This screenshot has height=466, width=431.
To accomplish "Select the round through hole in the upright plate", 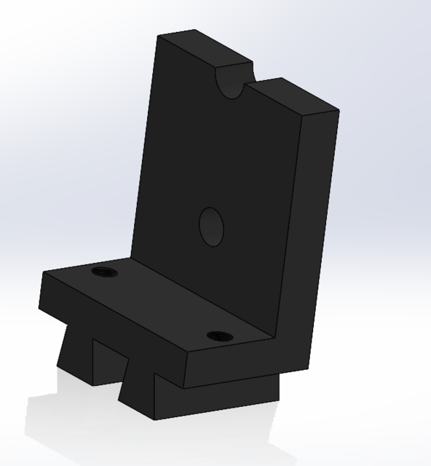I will pyautogui.click(x=211, y=226).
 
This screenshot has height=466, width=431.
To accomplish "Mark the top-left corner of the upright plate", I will pyautogui.click(x=161, y=36).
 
